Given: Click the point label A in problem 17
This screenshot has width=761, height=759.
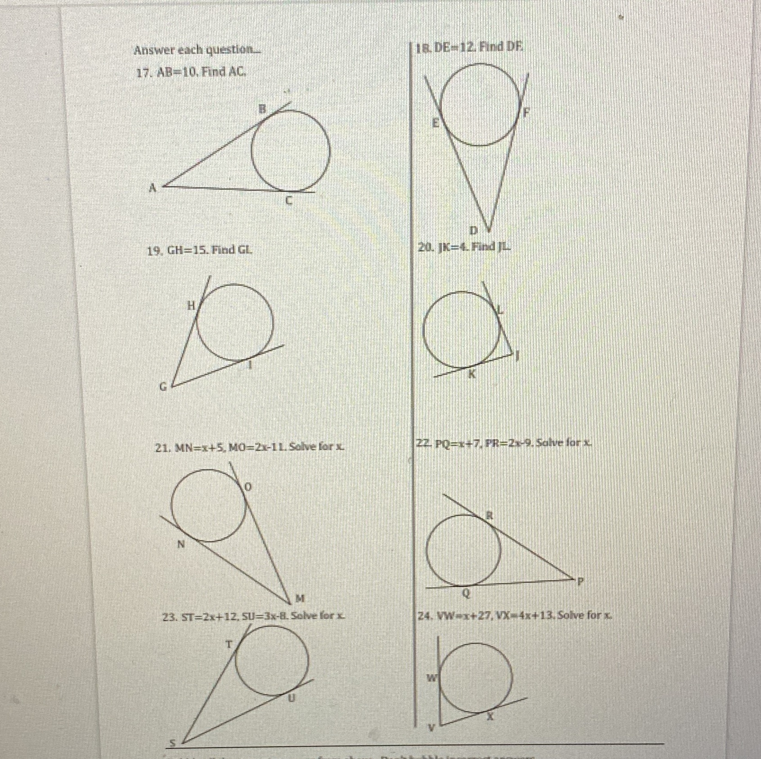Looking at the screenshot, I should (153, 189).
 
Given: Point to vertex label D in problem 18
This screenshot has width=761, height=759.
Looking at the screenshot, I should (473, 231).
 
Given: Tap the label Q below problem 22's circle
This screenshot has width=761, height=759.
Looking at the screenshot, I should (466, 594).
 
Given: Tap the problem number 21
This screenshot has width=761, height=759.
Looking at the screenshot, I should (161, 448).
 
